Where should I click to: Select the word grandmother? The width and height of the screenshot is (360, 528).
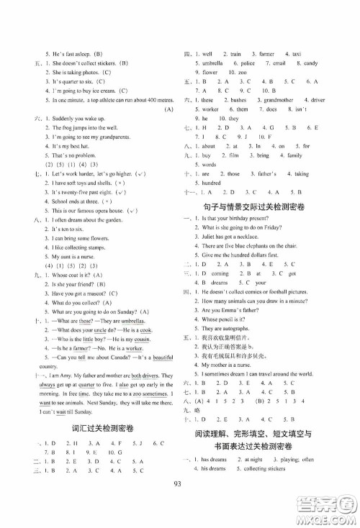tap(284, 100)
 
